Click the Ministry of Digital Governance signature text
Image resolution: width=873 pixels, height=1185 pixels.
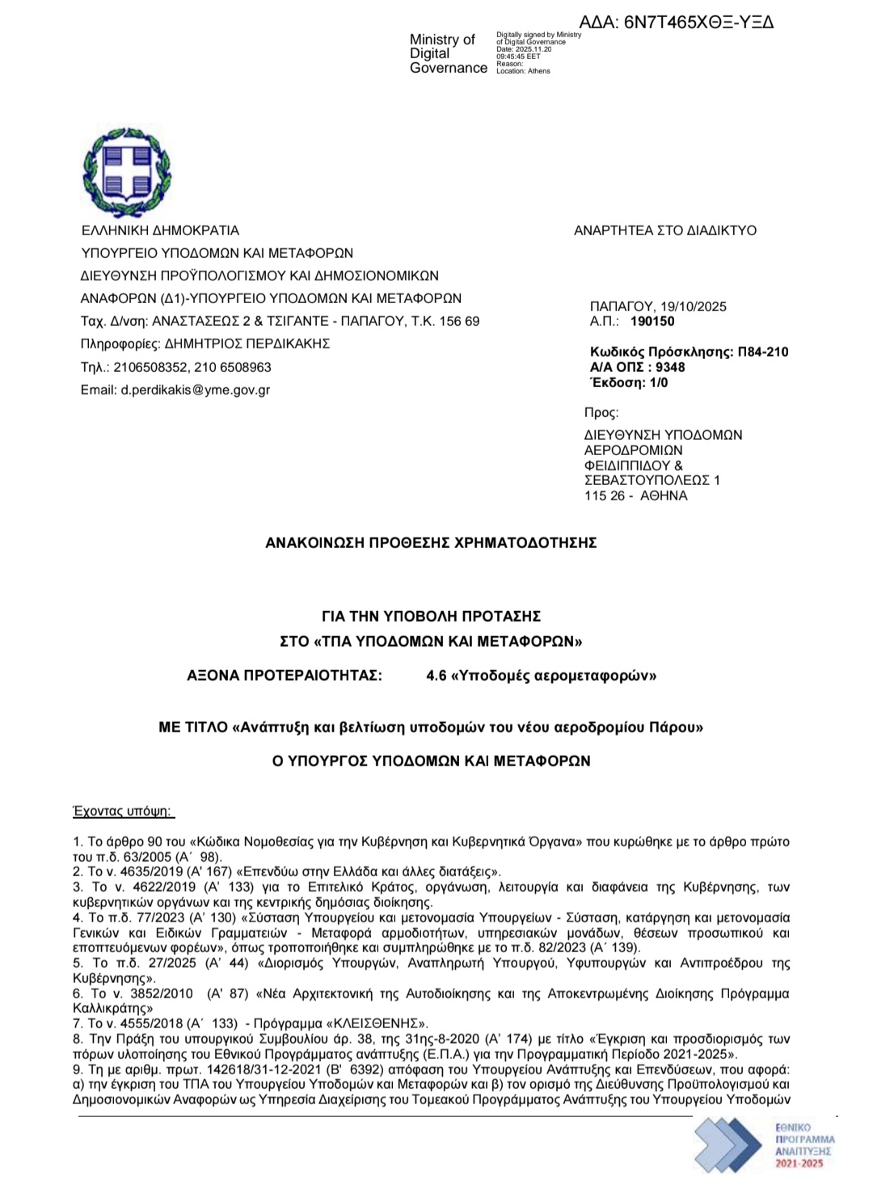coord(448,54)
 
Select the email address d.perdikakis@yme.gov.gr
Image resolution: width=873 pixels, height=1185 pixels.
coord(196,390)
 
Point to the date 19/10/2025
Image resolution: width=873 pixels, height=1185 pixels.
coord(694,306)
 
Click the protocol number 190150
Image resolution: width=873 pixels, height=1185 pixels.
coord(653,321)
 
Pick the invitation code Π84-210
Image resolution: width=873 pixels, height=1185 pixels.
coord(763,352)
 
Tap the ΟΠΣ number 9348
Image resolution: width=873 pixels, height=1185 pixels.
coord(670,367)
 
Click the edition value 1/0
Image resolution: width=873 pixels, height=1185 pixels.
coord(659,382)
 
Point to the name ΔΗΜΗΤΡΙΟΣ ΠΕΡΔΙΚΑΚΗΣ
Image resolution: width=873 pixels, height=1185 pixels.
coord(247,344)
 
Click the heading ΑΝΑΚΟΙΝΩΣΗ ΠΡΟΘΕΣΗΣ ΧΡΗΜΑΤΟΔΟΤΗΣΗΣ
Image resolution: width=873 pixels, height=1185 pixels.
coord(431,543)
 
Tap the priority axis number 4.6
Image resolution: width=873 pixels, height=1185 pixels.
coord(436,676)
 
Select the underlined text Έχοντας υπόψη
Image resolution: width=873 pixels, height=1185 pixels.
coord(123,812)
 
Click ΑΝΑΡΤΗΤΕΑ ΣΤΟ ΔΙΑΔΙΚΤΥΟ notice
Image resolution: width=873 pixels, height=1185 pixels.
coord(665,230)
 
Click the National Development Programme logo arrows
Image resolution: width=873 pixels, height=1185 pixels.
coord(727,1144)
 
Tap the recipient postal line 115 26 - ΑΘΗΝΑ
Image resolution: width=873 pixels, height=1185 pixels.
coord(635,496)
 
